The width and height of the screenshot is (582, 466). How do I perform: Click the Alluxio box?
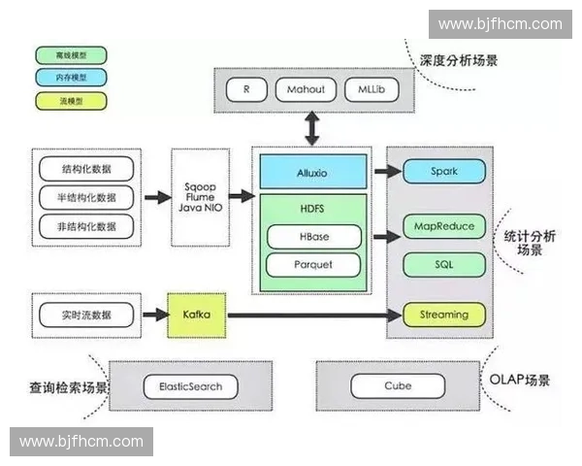pos(312,172)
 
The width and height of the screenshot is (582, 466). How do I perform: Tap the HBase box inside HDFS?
pos(312,236)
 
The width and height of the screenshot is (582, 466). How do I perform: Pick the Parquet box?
pos(312,264)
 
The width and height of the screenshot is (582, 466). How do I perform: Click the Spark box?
pos(443,172)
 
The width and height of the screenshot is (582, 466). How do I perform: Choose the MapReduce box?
pos(443,226)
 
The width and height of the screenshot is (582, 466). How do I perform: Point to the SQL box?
pos(443,263)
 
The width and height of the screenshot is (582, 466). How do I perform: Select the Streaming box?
pos(443,315)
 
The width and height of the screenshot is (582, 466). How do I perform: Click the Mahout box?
pos(306,90)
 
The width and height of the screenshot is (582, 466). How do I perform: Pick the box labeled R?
pos(247,90)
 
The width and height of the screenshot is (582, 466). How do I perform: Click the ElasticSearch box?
pos(190,385)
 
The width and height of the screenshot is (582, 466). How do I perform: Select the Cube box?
pos(398,385)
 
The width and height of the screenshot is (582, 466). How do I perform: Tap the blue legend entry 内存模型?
pos(71,77)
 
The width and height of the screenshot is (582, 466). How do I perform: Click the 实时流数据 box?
pos(85,315)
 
